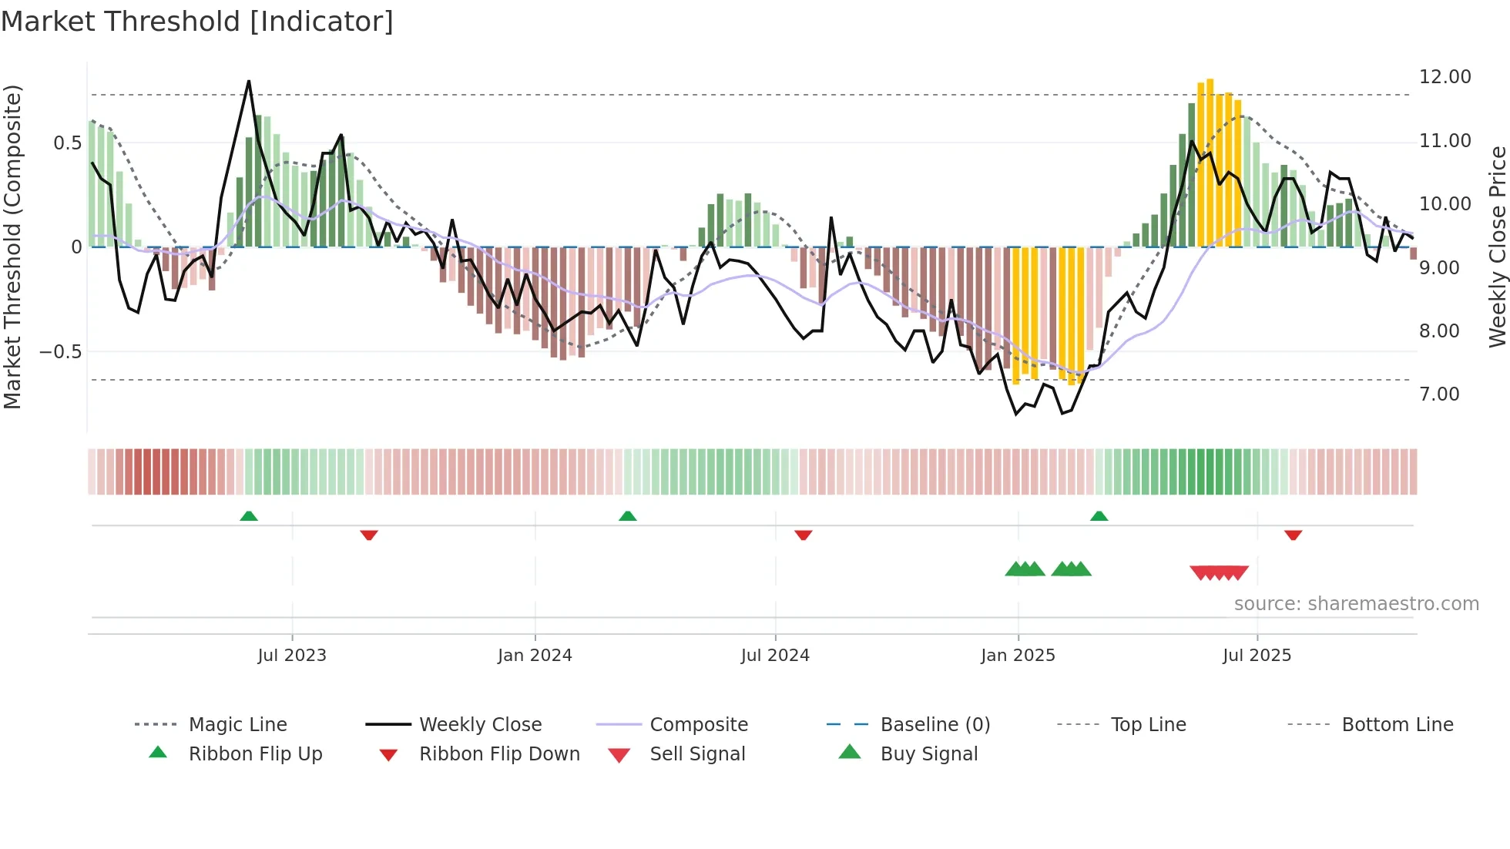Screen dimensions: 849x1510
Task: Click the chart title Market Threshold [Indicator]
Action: point(197,22)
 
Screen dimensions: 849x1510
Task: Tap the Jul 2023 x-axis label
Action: point(292,656)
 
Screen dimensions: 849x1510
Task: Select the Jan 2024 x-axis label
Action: point(535,656)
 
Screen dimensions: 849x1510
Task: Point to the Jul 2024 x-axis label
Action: point(775,656)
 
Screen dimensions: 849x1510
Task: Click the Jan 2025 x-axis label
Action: point(1018,656)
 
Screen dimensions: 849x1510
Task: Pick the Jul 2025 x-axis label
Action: point(1257,656)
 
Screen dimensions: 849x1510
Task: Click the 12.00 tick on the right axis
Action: point(1445,77)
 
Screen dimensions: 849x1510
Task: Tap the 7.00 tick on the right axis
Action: point(1439,394)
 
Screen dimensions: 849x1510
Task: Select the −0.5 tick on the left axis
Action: point(60,352)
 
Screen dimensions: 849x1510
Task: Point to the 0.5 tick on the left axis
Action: point(67,143)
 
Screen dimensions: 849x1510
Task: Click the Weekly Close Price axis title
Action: point(1497,247)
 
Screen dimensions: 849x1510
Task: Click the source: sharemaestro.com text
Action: point(1356,604)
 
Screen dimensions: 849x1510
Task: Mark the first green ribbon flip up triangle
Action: point(249,516)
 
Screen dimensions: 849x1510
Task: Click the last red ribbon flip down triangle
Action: point(1293,535)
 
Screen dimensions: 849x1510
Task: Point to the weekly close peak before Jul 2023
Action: point(249,82)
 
